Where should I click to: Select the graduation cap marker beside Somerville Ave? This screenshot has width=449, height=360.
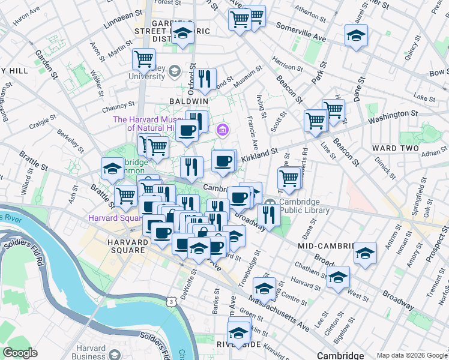click(356, 35)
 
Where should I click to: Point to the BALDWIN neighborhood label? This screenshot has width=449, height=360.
click(188, 101)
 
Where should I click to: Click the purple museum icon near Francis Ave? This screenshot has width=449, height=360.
click(223, 129)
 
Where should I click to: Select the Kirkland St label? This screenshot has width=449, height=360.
click(259, 156)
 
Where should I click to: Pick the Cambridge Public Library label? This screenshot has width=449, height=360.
click(303, 206)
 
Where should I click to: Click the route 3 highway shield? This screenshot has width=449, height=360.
click(172, 302)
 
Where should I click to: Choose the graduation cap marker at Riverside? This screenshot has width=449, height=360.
click(238, 332)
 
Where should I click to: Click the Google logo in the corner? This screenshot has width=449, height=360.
click(20, 353)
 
